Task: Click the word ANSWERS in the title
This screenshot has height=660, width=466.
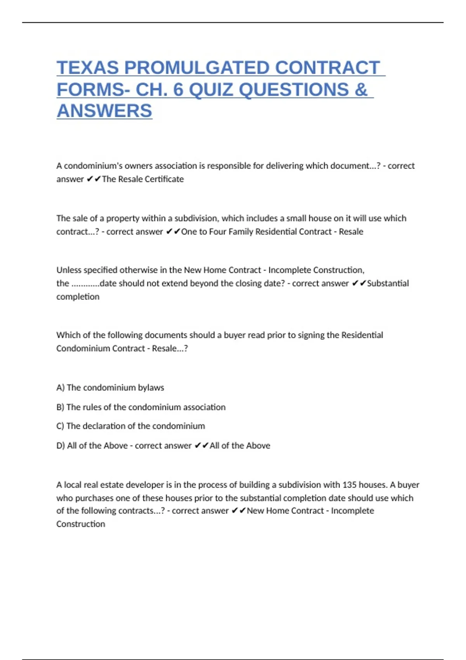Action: [x=104, y=111]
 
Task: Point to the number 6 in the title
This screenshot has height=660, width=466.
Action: [x=178, y=90]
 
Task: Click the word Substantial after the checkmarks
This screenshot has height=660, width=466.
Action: [x=388, y=283]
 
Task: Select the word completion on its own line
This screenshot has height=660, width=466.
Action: [x=78, y=297]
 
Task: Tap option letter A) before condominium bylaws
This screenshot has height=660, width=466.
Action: [x=60, y=387]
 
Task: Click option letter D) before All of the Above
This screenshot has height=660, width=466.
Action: [x=61, y=446]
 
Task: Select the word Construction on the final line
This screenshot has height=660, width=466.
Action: [x=81, y=524]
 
